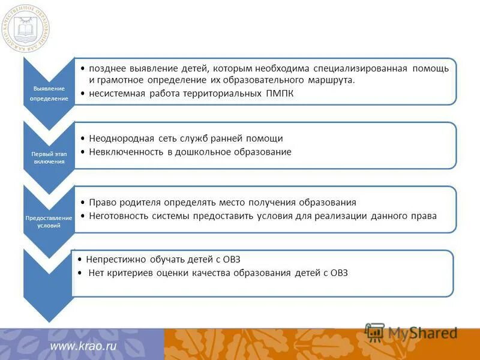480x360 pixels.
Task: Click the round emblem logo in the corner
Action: click(x=26, y=28)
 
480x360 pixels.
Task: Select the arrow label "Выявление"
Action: click(x=49, y=89)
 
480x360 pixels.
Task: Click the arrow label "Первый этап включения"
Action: click(x=49, y=157)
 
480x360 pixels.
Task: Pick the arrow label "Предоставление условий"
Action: click(x=49, y=221)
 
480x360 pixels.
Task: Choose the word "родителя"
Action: click(x=137, y=203)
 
